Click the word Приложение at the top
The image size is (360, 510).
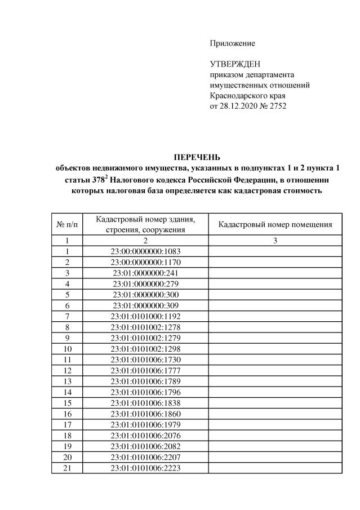pyautogui.click(x=232, y=43)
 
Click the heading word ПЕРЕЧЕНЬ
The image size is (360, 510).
pyautogui.click(x=196, y=157)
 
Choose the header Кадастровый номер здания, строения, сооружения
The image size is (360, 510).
pyautogui.click(x=145, y=224)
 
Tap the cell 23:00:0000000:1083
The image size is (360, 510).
pyautogui.click(x=145, y=251)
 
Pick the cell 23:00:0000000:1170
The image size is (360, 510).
pyautogui.click(x=145, y=262)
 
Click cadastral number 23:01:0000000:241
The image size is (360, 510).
pyautogui.click(x=145, y=273)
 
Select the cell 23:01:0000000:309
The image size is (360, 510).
pyautogui.click(x=145, y=305)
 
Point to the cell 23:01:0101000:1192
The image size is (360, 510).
pyautogui.click(x=145, y=316)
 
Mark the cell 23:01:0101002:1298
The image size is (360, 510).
pyautogui.click(x=145, y=348)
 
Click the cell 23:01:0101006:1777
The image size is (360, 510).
pyautogui.click(x=145, y=370)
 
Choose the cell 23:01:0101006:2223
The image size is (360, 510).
pyautogui.click(x=145, y=467)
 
